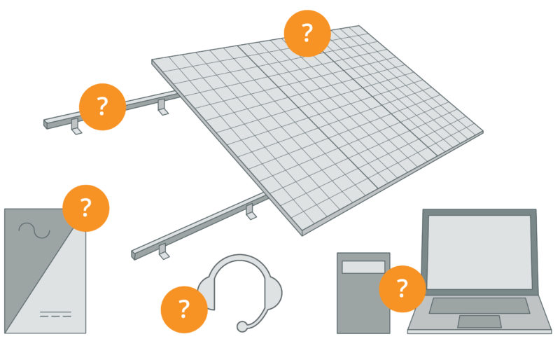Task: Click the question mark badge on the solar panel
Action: coord(307,33)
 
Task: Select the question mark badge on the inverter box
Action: coord(85,208)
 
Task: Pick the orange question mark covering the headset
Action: coord(184,308)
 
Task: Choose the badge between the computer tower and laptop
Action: coord(402,288)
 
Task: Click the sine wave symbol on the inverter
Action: coord(34,230)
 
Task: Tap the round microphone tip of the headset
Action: coord(241,326)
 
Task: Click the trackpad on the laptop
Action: coord(479,321)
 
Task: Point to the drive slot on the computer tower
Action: coord(363,267)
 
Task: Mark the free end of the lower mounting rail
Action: coord(134,253)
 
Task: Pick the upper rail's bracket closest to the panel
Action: coord(162,107)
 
